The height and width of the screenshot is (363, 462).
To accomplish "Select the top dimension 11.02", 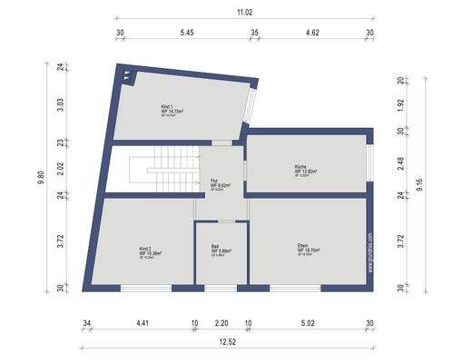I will point(244,12).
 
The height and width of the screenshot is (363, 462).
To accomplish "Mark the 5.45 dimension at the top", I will point(188,33).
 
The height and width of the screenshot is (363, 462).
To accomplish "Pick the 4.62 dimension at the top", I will point(311,33).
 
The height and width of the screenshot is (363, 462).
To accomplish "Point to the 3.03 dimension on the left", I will point(60,103).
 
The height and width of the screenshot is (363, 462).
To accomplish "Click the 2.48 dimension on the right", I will point(400,163).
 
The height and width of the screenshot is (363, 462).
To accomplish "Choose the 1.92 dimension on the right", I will point(400,104).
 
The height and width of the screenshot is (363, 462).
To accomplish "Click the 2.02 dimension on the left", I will point(60,167).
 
